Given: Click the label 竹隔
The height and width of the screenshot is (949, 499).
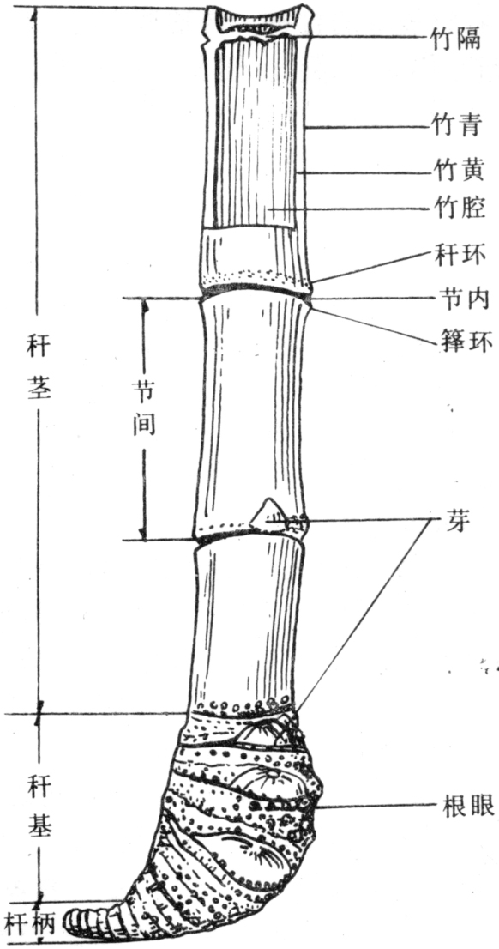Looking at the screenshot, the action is tap(458, 39).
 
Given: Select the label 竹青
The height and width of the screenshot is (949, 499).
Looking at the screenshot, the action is tap(458, 127).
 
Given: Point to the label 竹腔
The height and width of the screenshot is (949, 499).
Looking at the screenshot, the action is tap(458, 209).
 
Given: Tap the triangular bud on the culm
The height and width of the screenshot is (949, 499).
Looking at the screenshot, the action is tap(265, 515).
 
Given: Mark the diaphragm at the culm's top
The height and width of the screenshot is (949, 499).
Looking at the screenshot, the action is tap(258, 27).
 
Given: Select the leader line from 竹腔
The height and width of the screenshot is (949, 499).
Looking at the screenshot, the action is tap(348, 209).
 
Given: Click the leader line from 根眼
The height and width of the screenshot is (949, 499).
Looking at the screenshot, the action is tap(371, 806).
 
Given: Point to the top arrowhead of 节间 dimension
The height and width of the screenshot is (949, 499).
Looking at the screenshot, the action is tap(144, 305).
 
